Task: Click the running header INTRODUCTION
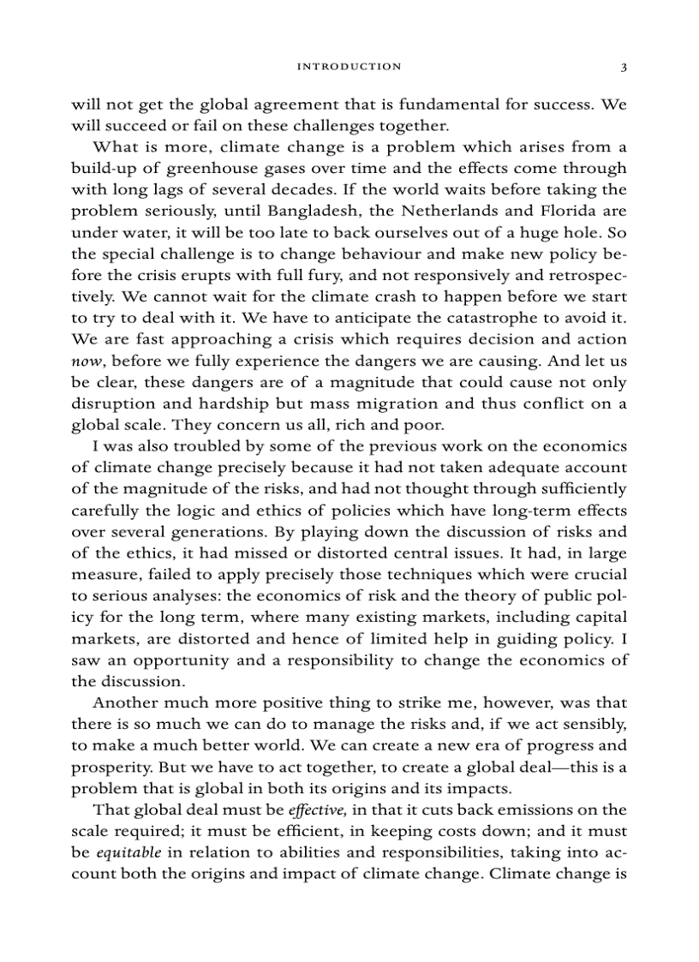tap(348, 66)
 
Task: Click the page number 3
tap(624, 66)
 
